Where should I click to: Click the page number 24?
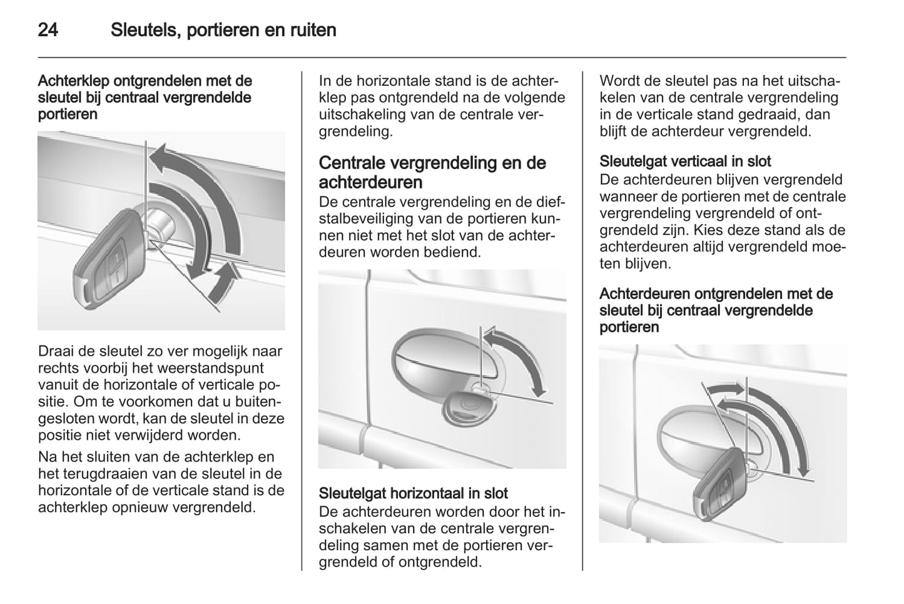[x=48, y=30]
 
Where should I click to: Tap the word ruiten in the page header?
[x=313, y=30]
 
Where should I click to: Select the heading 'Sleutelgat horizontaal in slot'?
[x=414, y=493]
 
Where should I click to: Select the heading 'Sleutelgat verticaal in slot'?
[x=685, y=161]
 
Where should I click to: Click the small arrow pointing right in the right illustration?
[x=725, y=389]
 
